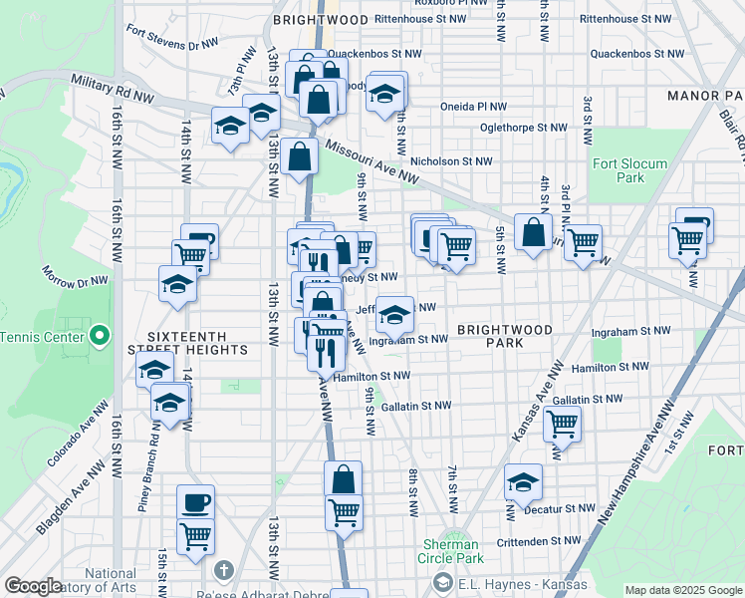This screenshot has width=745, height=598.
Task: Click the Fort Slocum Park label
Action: pyautogui.click(x=619, y=170)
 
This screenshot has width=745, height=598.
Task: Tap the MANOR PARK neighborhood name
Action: pyautogui.click(x=706, y=96)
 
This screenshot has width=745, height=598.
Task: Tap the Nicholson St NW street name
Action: pyautogui.click(x=451, y=160)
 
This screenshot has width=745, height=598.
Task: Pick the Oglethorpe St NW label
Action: pyautogui.click(x=523, y=128)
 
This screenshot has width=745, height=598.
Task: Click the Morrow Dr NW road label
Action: pyautogui.click(x=75, y=276)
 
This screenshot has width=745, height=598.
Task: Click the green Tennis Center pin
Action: pyautogui.click(x=99, y=336)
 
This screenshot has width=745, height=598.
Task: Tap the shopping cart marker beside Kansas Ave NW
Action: pyautogui.click(x=563, y=423)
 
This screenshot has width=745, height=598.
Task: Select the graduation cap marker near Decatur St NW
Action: pyautogui.click(x=523, y=482)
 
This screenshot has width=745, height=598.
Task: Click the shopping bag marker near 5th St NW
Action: pyautogui.click(x=534, y=233)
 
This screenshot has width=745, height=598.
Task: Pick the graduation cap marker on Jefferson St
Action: pyautogui.click(x=395, y=316)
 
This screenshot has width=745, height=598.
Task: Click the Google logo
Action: pyautogui.click(x=34, y=586)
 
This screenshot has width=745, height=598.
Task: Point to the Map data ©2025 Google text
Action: pyautogui.click(x=682, y=590)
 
